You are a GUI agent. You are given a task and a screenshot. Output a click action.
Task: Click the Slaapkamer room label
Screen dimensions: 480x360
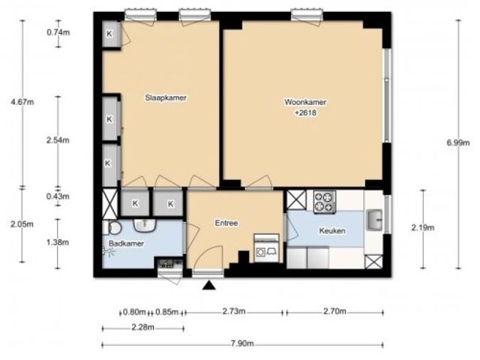pyautogui.click(x=166, y=97)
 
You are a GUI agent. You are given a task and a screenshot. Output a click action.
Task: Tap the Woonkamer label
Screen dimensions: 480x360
pyautogui.click(x=305, y=102)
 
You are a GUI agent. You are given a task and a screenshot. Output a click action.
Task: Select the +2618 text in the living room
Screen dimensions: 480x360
pyautogui.click(x=305, y=113)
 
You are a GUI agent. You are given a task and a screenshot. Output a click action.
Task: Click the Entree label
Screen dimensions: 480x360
pyautogui.click(x=226, y=223)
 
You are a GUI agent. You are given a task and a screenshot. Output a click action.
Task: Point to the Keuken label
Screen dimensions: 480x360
pyautogui.click(x=332, y=230)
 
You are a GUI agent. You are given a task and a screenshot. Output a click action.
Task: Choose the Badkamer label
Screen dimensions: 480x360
pyautogui.click(x=126, y=244)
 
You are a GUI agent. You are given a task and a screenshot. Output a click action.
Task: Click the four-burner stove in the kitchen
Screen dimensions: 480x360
pyautogui.click(x=325, y=202)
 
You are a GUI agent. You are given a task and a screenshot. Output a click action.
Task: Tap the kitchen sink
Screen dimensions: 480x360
pyautogui.click(x=374, y=220)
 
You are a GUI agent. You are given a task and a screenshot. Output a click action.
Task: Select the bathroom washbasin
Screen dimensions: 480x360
pyautogui.click(x=145, y=226)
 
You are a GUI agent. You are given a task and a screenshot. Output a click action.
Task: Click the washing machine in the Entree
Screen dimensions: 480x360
pyautogui.click(x=267, y=248)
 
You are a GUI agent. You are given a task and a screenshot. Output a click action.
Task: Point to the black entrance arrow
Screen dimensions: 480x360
pyautogui.click(x=209, y=286)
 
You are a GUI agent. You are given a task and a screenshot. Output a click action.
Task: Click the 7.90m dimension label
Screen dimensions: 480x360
pyautogui.click(x=242, y=343)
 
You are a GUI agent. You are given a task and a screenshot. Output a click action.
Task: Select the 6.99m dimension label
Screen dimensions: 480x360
pyautogui.click(x=458, y=142)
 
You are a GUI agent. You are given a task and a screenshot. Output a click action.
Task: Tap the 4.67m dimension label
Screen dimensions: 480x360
pyautogui.click(x=22, y=102)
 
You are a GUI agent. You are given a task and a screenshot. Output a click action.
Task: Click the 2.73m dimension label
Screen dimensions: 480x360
pyautogui.click(x=234, y=311)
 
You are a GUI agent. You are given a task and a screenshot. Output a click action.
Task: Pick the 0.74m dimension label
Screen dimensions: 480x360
pyautogui.click(x=58, y=32)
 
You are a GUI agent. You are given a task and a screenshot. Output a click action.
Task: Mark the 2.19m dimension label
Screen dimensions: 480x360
pyautogui.click(x=423, y=228)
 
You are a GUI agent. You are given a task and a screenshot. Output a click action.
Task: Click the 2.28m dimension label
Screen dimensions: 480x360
pyautogui.click(x=143, y=327)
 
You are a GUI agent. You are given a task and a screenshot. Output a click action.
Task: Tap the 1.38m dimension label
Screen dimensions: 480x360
pyautogui.click(x=58, y=242)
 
